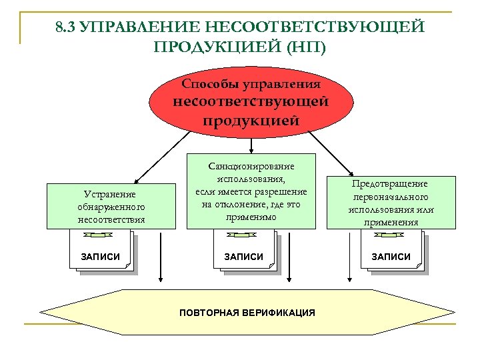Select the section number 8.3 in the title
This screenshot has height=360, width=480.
tap(67, 27)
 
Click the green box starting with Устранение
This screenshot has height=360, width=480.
tap(111, 206)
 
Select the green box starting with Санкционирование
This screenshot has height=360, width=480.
tap(251, 193)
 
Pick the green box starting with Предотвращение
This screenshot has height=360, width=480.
tap(391, 202)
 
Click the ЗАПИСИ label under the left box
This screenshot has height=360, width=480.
tap(100, 257)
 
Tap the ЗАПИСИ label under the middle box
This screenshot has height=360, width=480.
tap(243, 257)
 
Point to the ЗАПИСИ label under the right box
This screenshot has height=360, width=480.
tap(391, 257)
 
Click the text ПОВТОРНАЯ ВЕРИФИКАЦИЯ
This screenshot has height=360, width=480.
tap(247, 312)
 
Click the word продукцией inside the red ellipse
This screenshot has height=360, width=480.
tap(251, 121)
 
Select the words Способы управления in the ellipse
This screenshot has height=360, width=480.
tap(251, 85)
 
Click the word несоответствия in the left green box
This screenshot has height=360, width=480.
tap(111, 218)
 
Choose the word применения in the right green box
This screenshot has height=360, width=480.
tap(391, 223)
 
